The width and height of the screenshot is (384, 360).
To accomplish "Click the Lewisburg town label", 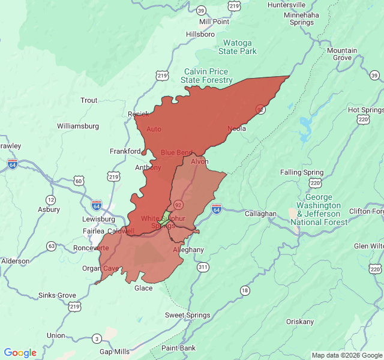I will (x=98, y=219).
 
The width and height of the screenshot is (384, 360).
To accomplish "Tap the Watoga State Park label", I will (x=238, y=47).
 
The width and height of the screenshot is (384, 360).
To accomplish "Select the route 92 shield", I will (x=178, y=204).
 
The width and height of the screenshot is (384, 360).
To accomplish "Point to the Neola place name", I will (x=236, y=128).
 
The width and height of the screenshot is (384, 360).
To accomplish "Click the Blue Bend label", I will (x=176, y=152).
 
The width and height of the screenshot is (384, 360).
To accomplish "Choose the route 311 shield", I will (x=203, y=266).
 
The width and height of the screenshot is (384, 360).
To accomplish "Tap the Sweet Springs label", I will (x=188, y=315).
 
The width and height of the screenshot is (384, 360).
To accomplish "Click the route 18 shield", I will (x=244, y=290).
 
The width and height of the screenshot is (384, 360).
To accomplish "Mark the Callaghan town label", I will (x=260, y=214).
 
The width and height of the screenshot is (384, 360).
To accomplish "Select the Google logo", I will (x=20, y=353).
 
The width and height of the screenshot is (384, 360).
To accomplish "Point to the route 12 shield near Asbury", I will (x=50, y=200).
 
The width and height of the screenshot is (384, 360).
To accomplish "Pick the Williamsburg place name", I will (x=78, y=126).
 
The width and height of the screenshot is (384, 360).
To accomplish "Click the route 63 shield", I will (x=52, y=246).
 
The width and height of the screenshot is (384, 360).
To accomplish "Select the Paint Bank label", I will (x=178, y=348).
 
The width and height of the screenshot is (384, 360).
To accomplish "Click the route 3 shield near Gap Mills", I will (x=96, y=339).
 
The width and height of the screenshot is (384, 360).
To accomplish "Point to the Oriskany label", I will (x=299, y=322).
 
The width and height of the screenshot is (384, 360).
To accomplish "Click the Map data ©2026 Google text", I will (x=346, y=355).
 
